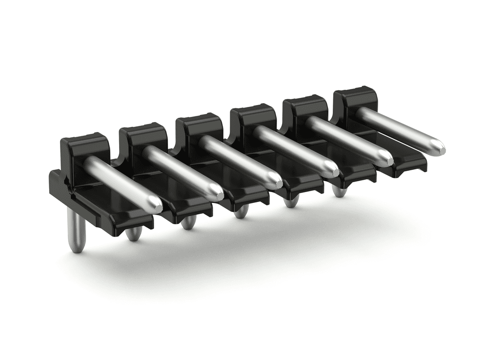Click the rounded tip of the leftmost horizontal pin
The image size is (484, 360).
coord(155,205)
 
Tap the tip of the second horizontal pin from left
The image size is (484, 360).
coord(216,193)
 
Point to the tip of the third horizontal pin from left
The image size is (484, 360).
coord(275,181)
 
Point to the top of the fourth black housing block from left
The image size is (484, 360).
coord(252,109)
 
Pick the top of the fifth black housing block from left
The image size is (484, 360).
coord(305,100)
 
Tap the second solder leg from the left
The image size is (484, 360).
coord(134,233)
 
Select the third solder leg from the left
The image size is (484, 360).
coord(188,222)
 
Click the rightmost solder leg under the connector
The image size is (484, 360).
coord(339,191)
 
